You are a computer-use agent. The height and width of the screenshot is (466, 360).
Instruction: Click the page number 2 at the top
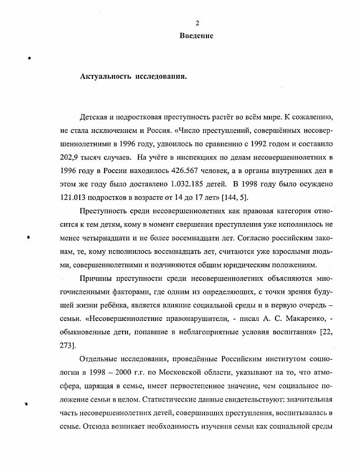pyautogui.click(x=197, y=23)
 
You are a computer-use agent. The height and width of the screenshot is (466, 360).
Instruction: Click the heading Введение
pyautogui.click(x=196, y=36)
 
